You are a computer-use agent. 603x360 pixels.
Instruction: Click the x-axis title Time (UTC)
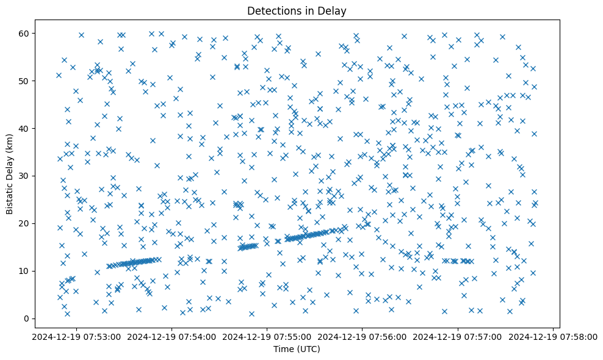click(296, 349)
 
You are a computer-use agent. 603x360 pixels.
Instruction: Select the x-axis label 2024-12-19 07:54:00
click(172, 336)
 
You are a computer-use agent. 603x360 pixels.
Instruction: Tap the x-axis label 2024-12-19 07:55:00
click(267, 336)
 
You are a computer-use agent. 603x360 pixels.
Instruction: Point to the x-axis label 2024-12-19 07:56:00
click(363, 336)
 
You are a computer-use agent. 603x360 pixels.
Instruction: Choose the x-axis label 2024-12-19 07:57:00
click(458, 336)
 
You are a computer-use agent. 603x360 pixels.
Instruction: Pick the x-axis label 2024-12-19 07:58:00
click(553, 336)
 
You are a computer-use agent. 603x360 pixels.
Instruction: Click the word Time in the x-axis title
click(282, 349)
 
